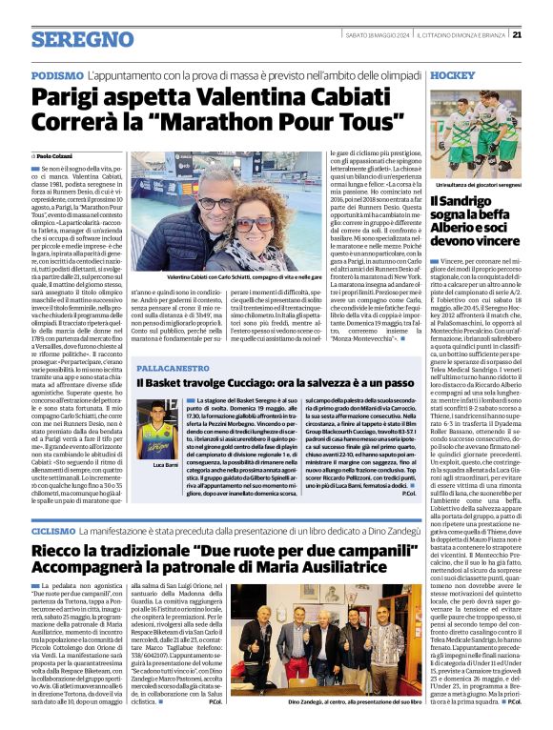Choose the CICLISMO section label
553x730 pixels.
(53, 529)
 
